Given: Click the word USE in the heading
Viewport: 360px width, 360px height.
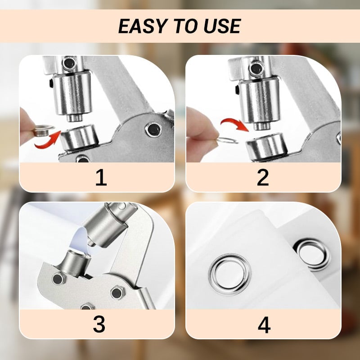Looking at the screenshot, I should [221, 27].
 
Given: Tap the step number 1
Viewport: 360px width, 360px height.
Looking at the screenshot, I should [101, 178].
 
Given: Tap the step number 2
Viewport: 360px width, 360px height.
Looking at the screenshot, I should [263, 178].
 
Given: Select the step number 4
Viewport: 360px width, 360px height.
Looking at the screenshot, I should [264, 324].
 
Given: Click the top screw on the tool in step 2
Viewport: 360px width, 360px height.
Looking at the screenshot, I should [256, 68].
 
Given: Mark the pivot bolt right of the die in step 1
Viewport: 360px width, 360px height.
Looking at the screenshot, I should [153, 129].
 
